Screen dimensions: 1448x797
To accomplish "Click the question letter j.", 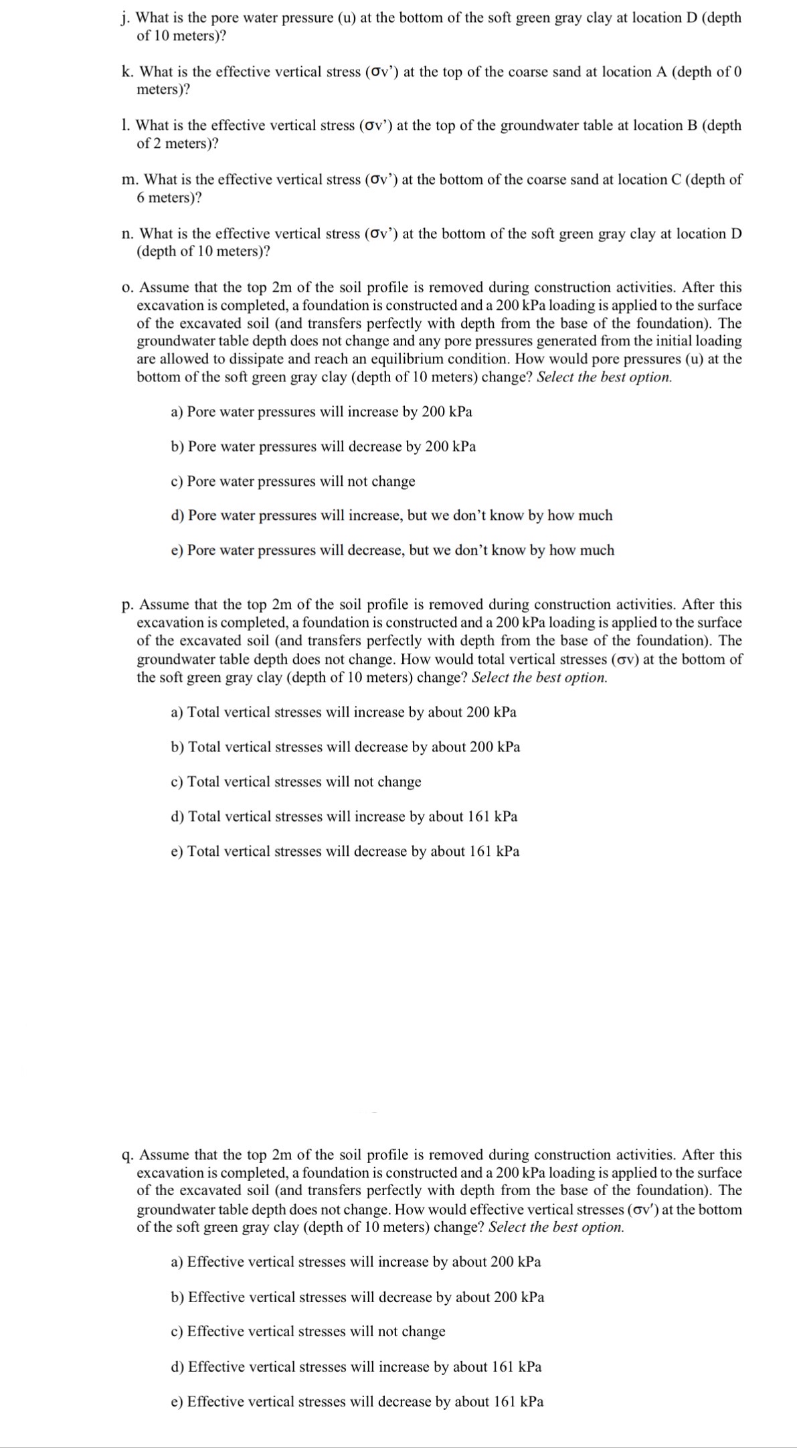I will (x=124, y=18).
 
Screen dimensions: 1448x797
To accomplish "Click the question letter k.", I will (x=126, y=72).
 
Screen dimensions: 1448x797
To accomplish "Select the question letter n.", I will (x=126, y=234).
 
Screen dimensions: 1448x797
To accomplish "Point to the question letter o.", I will (x=126, y=288).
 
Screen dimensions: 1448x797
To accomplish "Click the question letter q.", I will (x=126, y=1156).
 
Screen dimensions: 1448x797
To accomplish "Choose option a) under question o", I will (x=321, y=412).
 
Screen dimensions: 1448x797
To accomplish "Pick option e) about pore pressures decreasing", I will (x=392, y=550).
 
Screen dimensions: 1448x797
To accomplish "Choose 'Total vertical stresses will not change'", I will (x=296, y=782).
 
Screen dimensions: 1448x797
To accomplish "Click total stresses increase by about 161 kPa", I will (x=344, y=816).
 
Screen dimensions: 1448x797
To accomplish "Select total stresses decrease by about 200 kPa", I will (x=345, y=747).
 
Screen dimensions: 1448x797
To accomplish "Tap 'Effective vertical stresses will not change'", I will (x=308, y=1331).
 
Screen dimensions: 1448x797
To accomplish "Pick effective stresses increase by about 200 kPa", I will (x=356, y=1261).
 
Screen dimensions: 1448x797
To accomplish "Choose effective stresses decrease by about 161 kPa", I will (x=357, y=1401).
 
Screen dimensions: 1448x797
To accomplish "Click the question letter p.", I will (x=126, y=606).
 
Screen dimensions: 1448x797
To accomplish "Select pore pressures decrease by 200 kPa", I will (x=323, y=446).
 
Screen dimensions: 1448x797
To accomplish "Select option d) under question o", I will (x=391, y=515).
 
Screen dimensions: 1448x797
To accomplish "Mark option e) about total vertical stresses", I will (x=345, y=851).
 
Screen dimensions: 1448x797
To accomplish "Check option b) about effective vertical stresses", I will (x=357, y=1297).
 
